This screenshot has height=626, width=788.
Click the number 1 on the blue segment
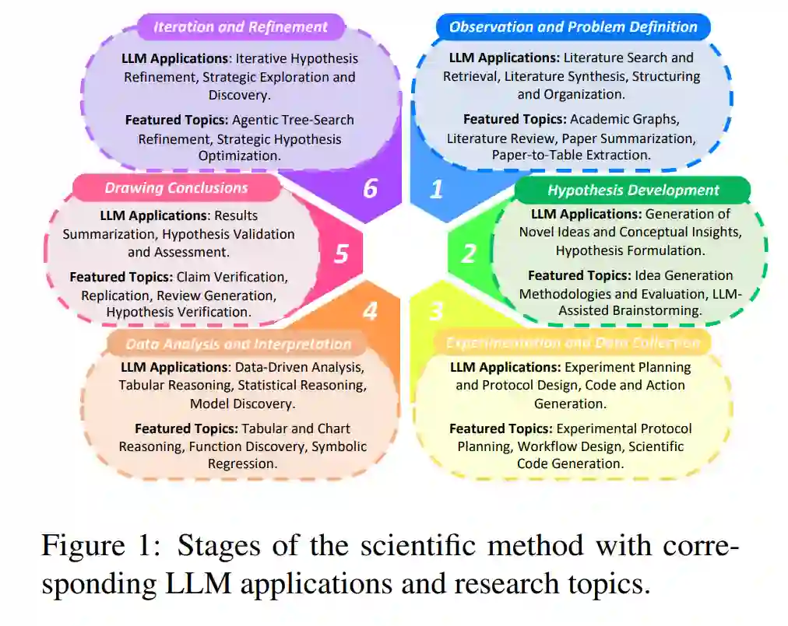pos(436,189)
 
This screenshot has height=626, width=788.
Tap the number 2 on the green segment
pos(468,254)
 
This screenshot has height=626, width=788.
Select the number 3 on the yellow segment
pos(436,311)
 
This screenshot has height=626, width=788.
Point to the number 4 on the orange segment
pos(370,311)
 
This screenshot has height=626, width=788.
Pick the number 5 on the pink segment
pos(341,254)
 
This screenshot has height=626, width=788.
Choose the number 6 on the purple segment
pos(370,189)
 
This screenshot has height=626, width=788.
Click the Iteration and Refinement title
pos(241,27)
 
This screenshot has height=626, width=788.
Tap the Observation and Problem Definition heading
pos(573,27)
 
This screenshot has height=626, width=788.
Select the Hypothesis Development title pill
pos(633,191)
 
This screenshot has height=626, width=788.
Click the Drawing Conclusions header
pos(176,187)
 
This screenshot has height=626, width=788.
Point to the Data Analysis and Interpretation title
pos(238,344)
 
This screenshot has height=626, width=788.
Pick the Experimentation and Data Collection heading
pos(572,343)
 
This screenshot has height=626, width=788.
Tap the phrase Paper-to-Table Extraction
pos(571,155)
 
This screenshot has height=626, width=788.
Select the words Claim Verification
pos(232,277)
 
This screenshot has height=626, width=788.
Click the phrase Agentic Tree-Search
pos(300,120)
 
